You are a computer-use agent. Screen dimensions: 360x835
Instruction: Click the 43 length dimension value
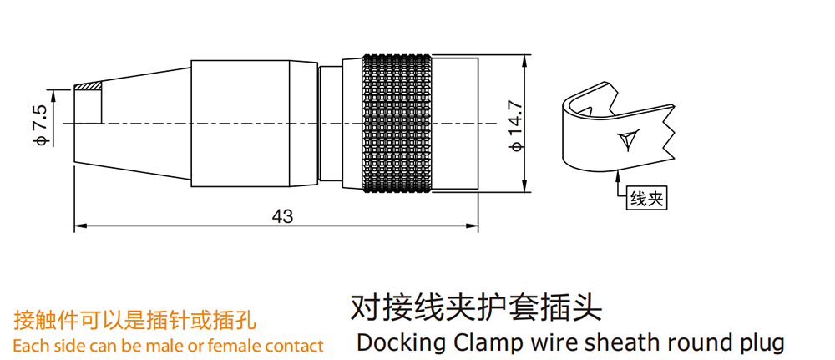point(283,215)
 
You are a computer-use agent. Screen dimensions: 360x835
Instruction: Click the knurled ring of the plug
point(397,124)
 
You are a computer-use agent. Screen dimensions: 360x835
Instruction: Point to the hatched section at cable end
point(88,86)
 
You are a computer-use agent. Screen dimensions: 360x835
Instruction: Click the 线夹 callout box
point(648,199)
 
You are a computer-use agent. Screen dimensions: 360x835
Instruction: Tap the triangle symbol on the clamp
point(627,139)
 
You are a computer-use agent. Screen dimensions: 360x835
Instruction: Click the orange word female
point(235,346)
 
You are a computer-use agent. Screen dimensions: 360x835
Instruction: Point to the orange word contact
point(294,346)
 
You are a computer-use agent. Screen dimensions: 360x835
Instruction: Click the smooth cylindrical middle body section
point(253,124)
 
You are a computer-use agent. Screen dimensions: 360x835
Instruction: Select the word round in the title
point(690,343)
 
